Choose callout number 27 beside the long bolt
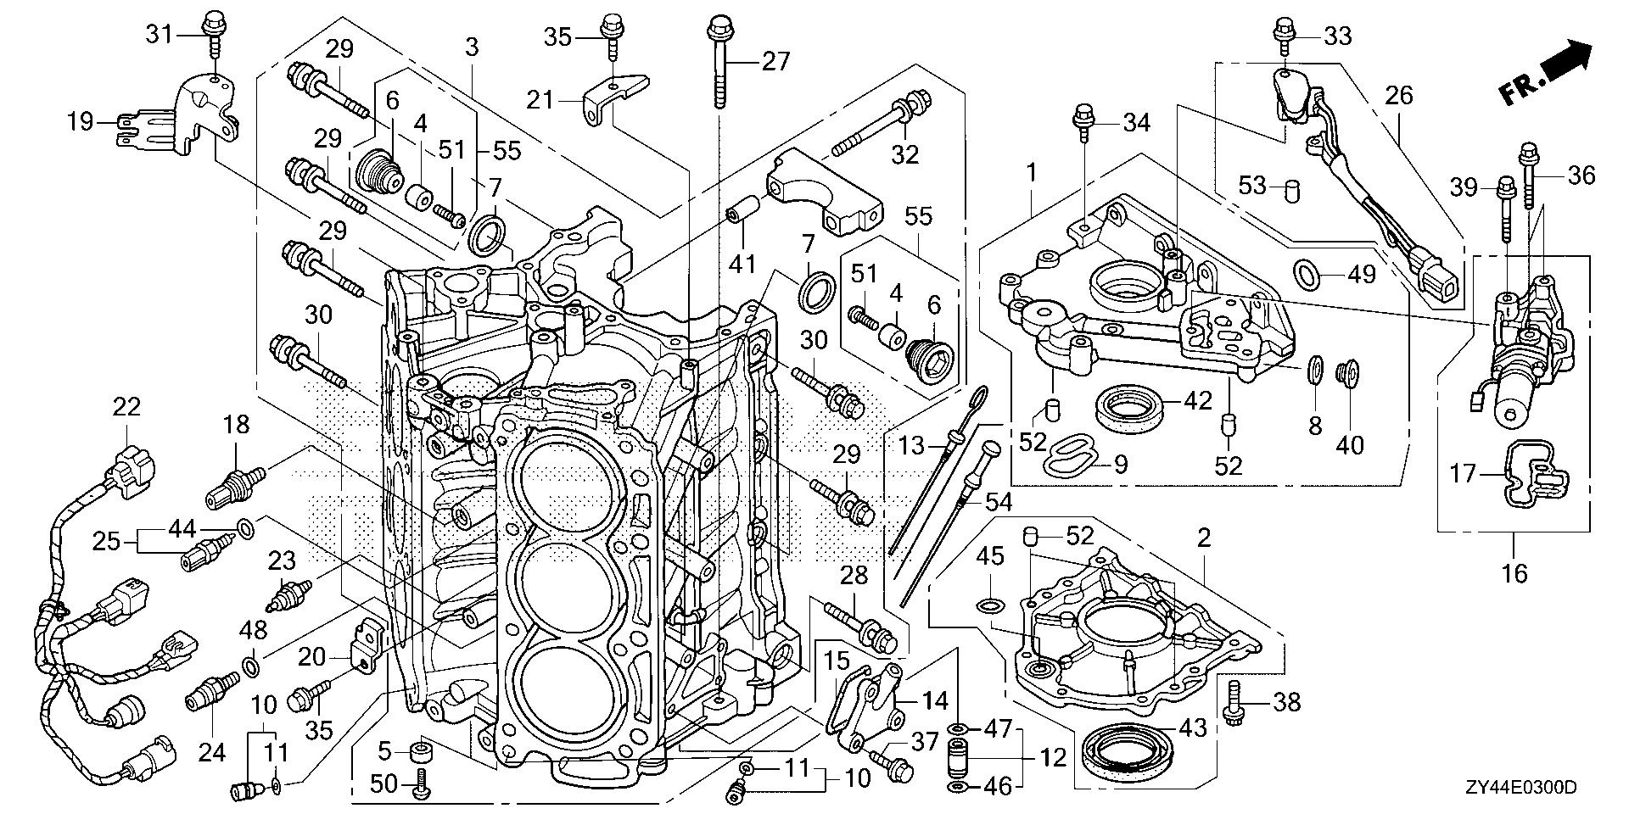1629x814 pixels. coord(775,61)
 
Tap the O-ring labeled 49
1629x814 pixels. coord(1307,272)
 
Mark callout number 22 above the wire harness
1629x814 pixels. coord(126,407)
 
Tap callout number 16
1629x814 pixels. coord(1514,574)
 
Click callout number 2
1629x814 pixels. coord(1203,538)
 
